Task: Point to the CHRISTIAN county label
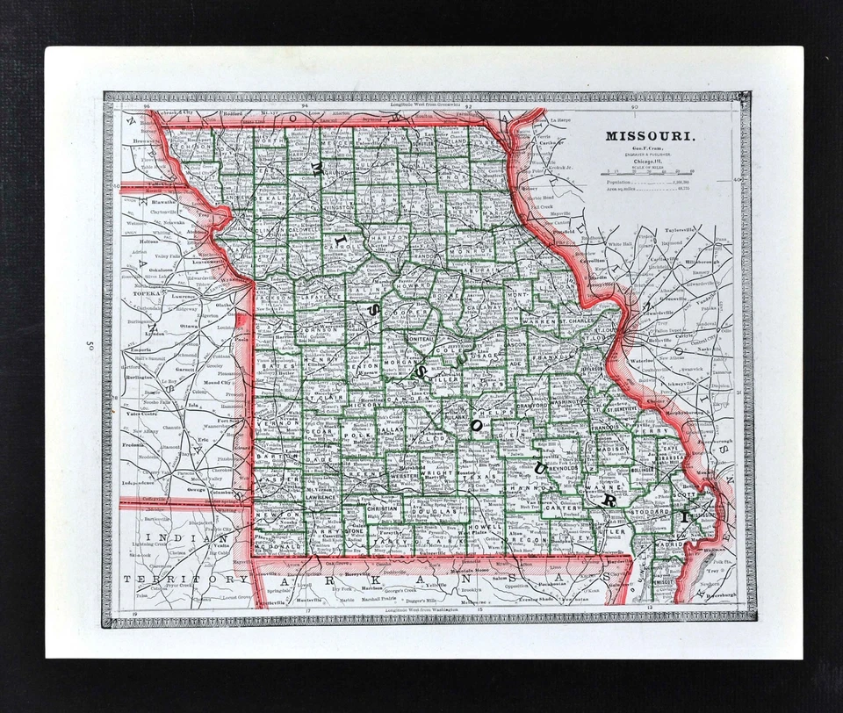coord(383,508)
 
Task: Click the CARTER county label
coord(559,508)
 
